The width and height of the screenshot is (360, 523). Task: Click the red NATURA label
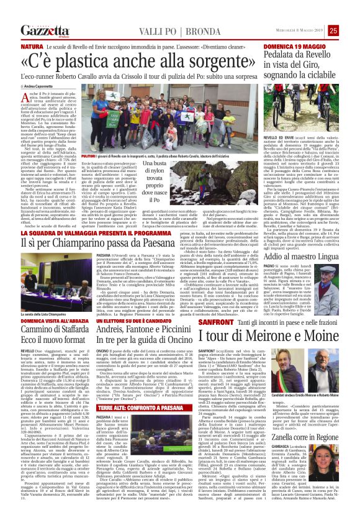coord(32,47)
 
